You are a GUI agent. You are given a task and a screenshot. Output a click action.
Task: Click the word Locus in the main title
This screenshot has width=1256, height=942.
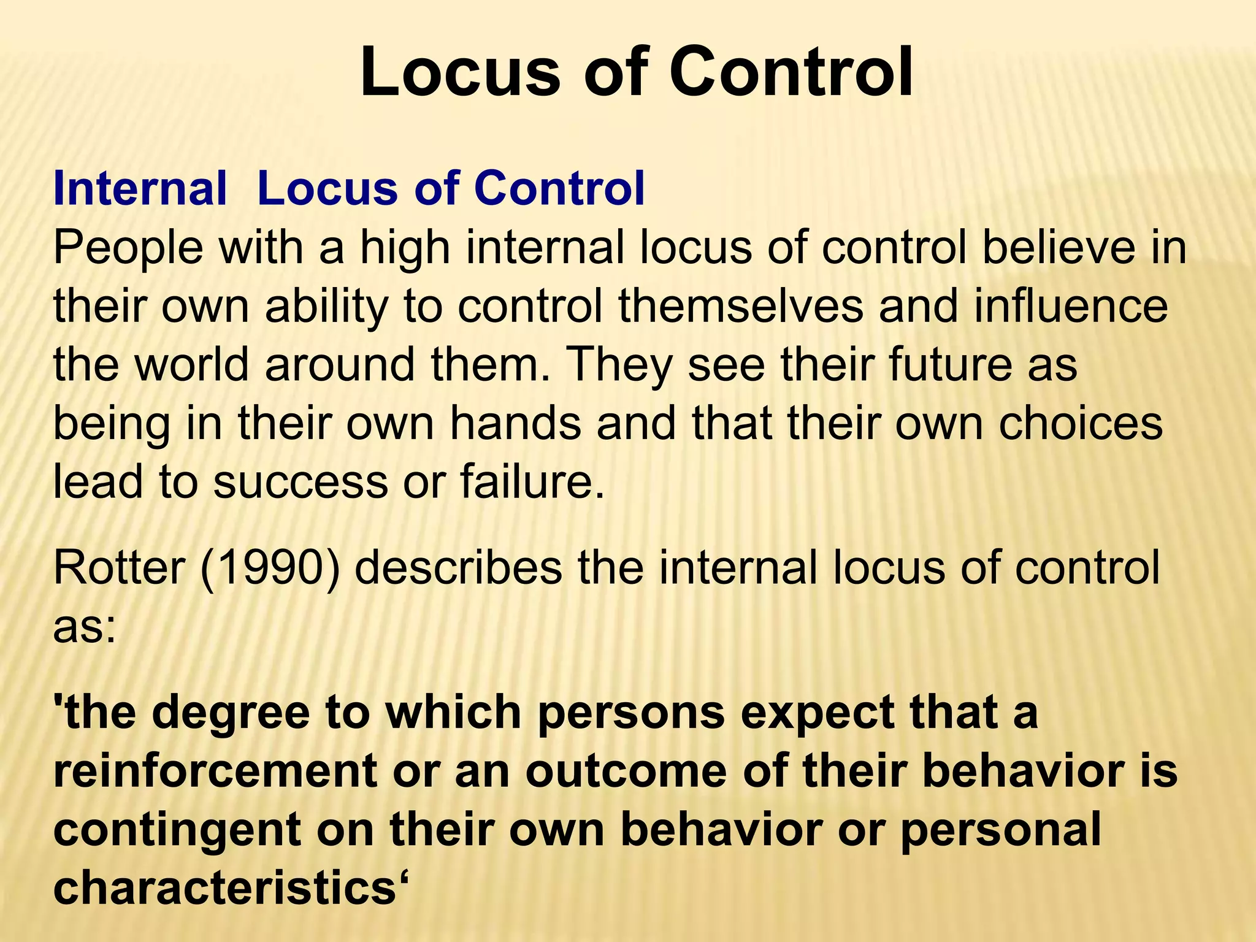pyautogui.click(x=460, y=72)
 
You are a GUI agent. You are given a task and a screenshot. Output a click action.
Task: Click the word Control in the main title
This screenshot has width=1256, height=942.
pyautogui.click(x=791, y=72)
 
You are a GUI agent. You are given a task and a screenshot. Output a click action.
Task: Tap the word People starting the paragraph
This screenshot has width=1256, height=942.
pyautogui.click(x=128, y=248)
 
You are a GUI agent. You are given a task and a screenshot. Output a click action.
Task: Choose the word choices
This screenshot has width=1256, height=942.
pyautogui.click(x=1081, y=423)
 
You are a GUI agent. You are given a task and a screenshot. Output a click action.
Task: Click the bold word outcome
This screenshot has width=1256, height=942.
pyautogui.click(x=626, y=771)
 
